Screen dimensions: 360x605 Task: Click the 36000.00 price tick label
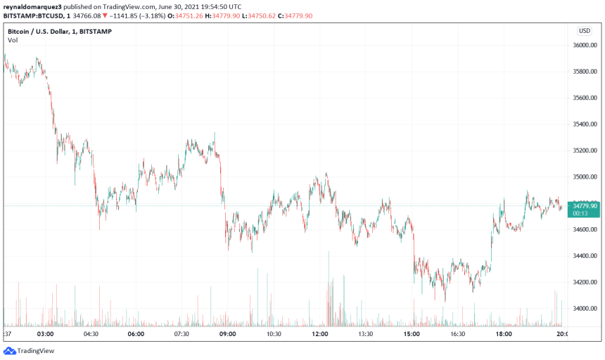585,45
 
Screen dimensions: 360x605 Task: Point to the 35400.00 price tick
585,124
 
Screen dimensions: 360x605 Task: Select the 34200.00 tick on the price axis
585,283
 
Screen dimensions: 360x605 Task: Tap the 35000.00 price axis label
585,177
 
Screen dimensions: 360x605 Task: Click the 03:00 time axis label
45,335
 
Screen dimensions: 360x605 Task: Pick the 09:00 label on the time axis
228,335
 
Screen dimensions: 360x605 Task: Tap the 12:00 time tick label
320,335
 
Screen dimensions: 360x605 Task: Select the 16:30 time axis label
457,335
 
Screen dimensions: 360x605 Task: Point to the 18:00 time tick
504,335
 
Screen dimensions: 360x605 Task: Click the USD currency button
584,30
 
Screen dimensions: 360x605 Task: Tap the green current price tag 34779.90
585,206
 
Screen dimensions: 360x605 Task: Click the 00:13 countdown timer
581,213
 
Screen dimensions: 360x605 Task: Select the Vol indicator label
13,41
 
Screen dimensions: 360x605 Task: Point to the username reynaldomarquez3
32,6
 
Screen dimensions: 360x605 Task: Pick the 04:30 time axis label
91,335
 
